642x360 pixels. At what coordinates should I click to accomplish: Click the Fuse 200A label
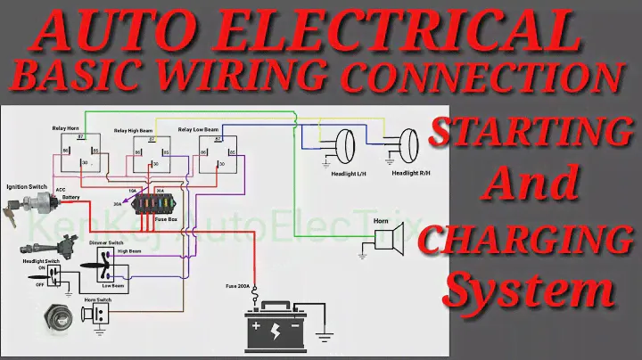[x=237, y=286]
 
